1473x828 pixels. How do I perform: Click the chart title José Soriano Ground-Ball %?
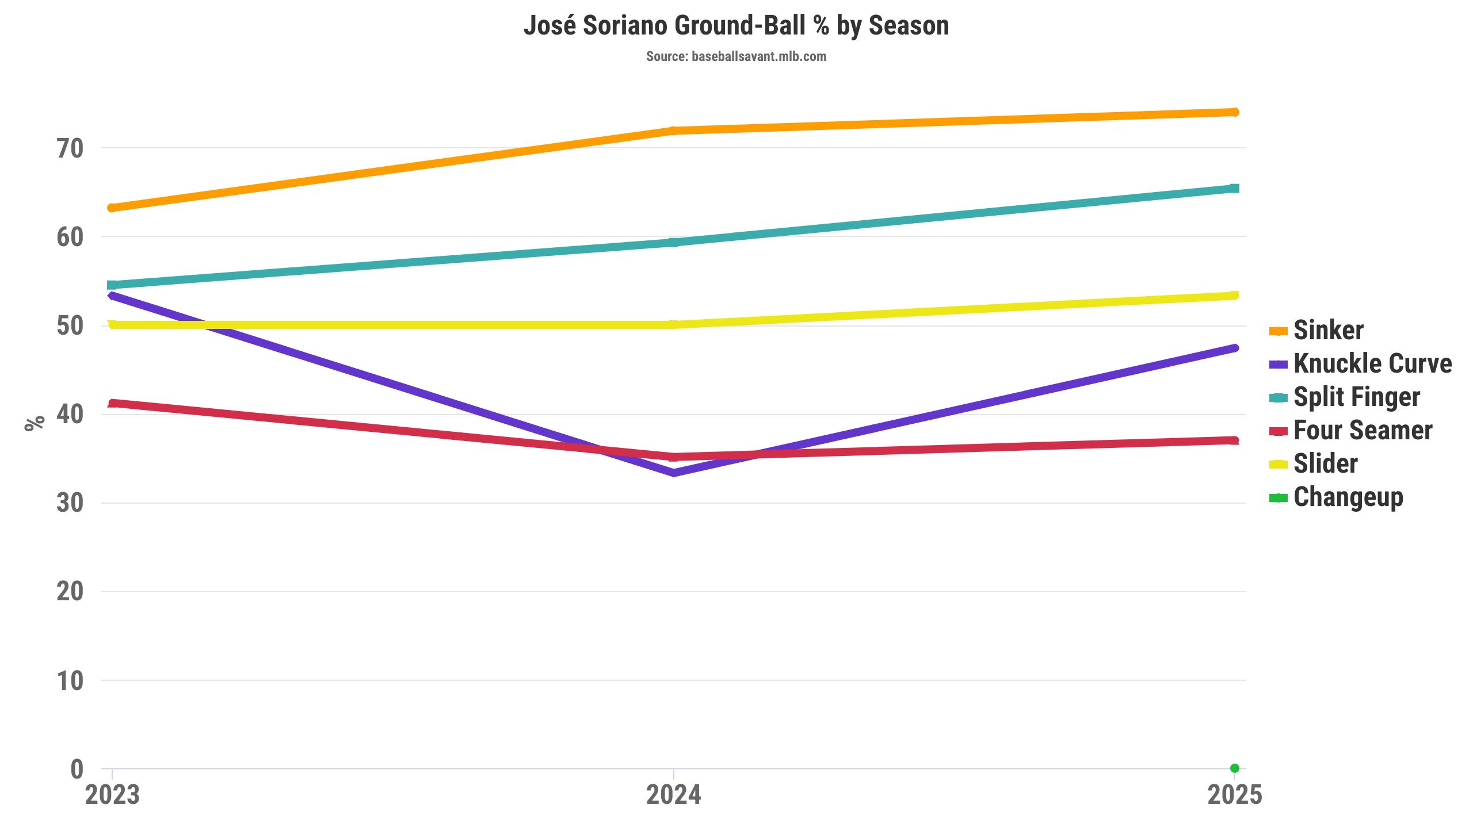click(x=736, y=26)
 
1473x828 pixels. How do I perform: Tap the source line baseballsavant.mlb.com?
click(x=736, y=56)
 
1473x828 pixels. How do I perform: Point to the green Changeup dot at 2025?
click(x=1234, y=768)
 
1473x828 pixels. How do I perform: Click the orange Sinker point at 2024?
click(x=674, y=131)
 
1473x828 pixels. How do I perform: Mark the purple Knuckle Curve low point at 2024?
click(x=674, y=473)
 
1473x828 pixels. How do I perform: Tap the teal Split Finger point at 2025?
click(x=1234, y=189)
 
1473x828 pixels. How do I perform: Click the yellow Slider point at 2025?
click(x=1234, y=296)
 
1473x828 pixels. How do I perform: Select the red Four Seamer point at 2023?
click(x=113, y=403)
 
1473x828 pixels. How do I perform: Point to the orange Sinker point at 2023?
click(x=113, y=208)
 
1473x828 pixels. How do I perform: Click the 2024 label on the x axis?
click(x=674, y=795)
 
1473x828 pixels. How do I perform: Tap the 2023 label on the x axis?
click(x=113, y=795)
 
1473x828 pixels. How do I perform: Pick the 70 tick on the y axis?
click(x=70, y=149)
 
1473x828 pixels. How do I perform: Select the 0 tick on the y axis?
click(x=77, y=769)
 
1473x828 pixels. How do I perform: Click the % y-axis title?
click(x=35, y=423)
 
